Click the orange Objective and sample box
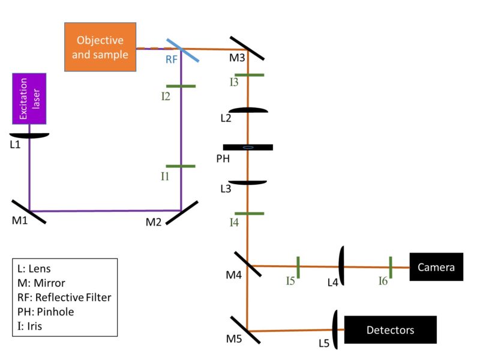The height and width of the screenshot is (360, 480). coord(100,47)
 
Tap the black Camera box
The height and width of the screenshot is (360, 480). coord(437,267)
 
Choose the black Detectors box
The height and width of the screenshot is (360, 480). coord(391,330)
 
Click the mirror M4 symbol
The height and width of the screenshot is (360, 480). coord(248,265)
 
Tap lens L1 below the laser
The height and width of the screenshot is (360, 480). coord(29,135)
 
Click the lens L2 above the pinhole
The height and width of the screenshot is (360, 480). coord(248,110)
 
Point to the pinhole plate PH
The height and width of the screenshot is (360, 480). coord(248,147)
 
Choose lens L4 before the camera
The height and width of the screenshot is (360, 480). coord(341,266)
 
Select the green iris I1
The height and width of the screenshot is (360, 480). coord(181,167)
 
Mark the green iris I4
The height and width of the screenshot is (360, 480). coord(248,214)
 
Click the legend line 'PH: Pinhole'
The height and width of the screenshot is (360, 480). coord(43,312)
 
